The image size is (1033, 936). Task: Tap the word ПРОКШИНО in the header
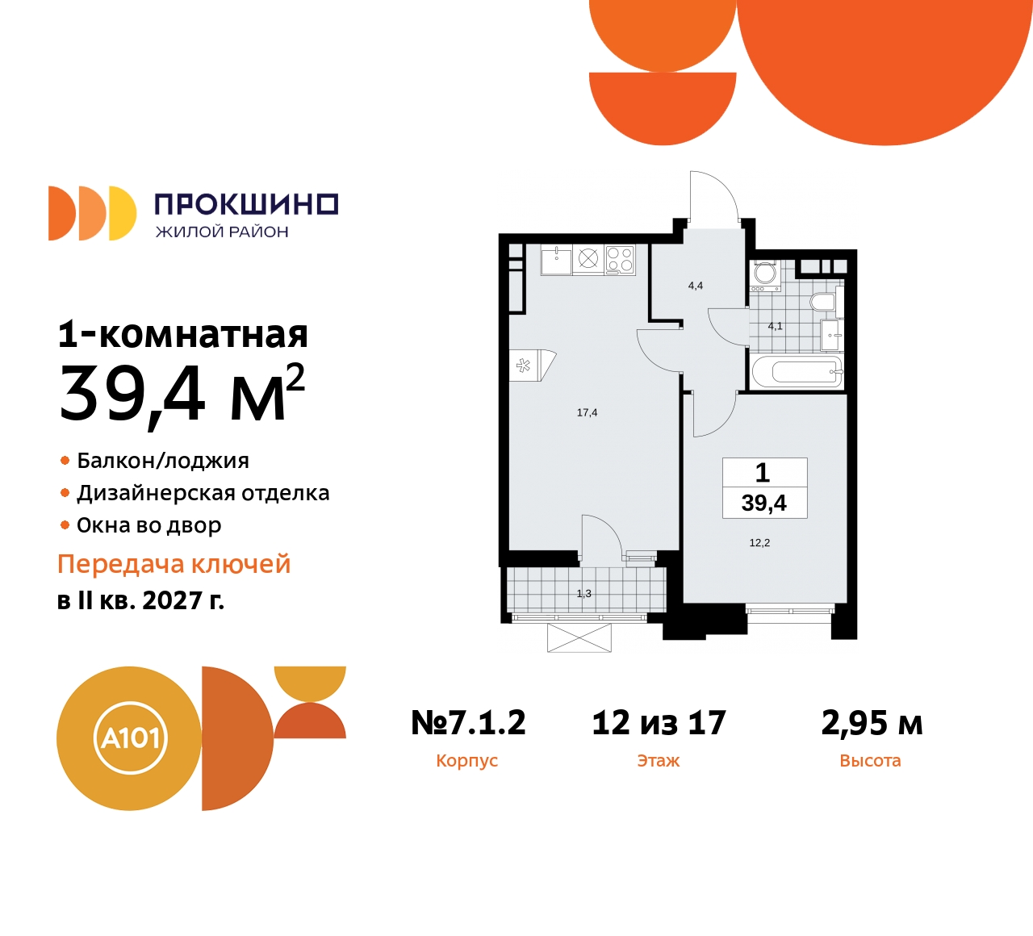(x=245, y=204)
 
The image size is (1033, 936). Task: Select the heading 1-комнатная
(x=183, y=334)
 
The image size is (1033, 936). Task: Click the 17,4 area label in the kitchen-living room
(x=587, y=412)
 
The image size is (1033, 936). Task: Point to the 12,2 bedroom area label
(x=759, y=543)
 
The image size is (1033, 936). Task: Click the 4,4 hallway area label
(x=695, y=286)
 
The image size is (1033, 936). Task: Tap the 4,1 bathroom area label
(x=775, y=326)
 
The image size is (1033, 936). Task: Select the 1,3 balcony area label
(x=583, y=594)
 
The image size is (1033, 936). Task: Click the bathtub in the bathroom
(x=797, y=372)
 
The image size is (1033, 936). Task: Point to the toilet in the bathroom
(x=822, y=302)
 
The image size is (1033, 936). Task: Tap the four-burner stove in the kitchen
(x=620, y=259)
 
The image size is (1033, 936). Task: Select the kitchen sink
(x=556, y=260)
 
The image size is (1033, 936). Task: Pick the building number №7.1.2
(x=468, y=723)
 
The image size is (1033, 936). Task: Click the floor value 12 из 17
(x=659, y=723)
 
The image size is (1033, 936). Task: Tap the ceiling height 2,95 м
(x=872, y=723)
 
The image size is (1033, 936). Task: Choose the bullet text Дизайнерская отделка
(x=203, y=493)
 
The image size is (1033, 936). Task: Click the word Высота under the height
(x=870, y=761)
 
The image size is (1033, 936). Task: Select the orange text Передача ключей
(x=174, y=564)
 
